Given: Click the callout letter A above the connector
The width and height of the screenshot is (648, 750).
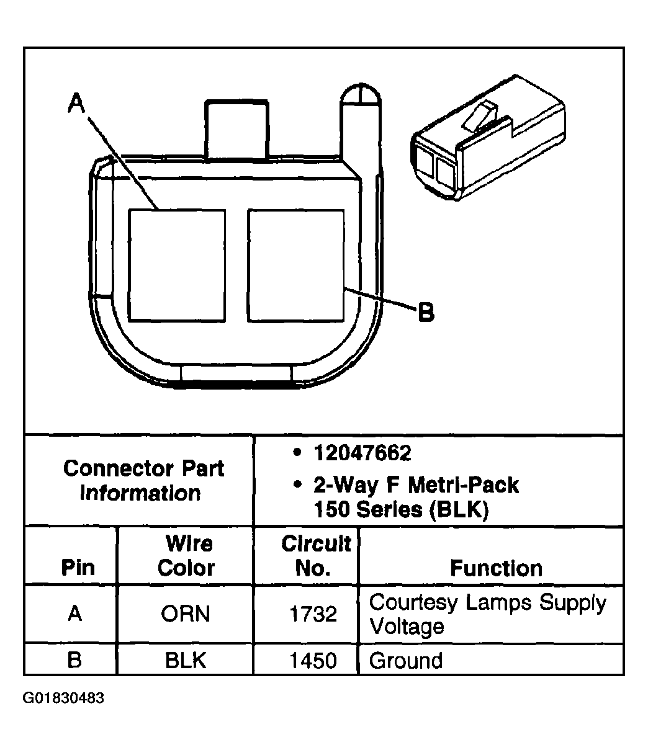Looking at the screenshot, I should point(76,104).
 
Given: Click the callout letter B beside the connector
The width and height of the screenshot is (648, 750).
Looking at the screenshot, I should point(426,312).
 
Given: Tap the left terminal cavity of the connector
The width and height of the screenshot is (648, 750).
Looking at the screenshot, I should point(177,266).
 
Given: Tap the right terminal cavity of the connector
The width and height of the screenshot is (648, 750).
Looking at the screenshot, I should point(295,266).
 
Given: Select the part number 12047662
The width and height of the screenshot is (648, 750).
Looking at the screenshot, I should point(362,453).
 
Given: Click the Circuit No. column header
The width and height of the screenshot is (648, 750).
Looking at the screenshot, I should point(315,556).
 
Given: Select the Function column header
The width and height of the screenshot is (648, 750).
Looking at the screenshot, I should point(496,568).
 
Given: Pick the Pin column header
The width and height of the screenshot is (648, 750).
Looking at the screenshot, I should point(78,568).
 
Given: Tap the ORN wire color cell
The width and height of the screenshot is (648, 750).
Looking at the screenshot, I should point(186,614).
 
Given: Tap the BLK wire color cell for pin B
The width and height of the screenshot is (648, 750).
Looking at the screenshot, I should point(186,660).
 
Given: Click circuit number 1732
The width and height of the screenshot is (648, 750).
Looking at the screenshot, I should point(313,614).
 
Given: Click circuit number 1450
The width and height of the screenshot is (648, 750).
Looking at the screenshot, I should point(313,660).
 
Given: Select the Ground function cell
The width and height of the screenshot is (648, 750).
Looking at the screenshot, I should point(406,660).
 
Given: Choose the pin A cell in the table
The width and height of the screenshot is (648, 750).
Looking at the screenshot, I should point(74,614).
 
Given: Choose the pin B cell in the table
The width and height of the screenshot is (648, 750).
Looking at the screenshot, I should point(74,660).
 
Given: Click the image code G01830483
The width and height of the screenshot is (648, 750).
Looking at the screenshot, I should point(64,698).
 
